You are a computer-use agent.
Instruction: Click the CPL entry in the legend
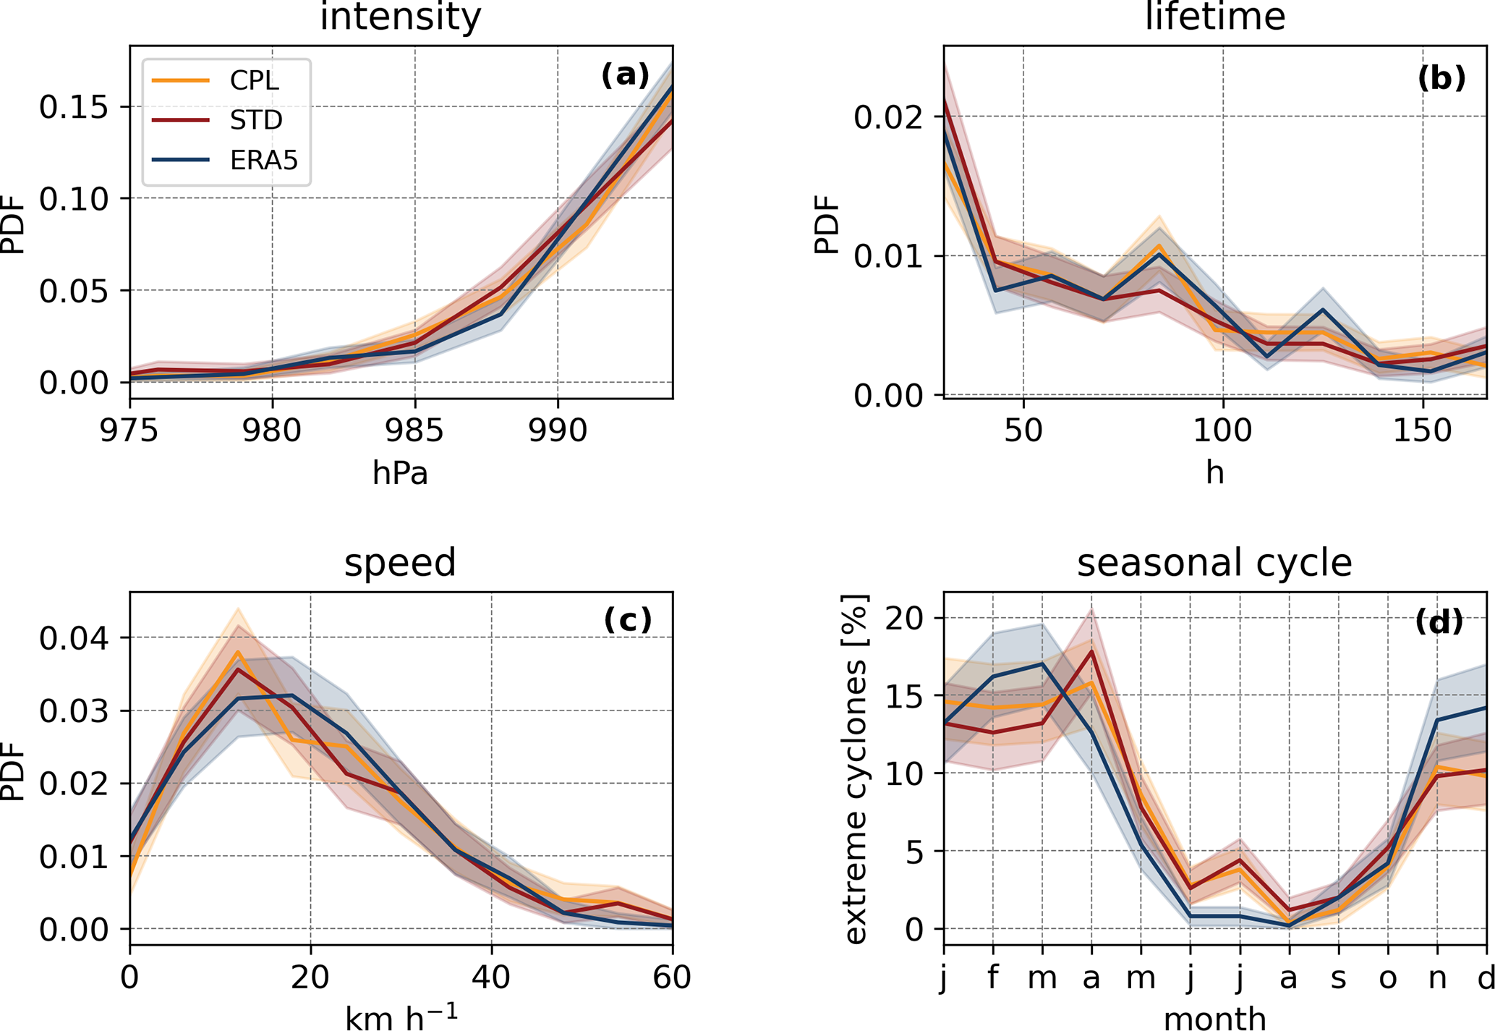tap(254, 80)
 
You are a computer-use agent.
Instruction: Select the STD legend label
tap(256, 120)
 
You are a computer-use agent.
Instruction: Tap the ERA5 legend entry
tap(263, 160)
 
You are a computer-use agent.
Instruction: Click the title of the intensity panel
tap(401, 17)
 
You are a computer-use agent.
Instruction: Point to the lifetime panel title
tap(1215, 17)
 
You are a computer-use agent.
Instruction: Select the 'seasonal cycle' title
tap(1214, 563)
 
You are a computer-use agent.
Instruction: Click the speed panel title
tap(401, 563)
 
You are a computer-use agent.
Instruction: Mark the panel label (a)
tap(626, 75)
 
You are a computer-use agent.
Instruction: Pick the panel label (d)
tap(1439, 622)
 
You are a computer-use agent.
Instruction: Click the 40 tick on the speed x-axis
tap(491, 977)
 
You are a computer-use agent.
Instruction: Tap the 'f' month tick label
tap(993, 977)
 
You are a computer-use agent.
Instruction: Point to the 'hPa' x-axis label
tap(401, 474)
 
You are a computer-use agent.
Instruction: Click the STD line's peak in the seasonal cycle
tap(1091, 651)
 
